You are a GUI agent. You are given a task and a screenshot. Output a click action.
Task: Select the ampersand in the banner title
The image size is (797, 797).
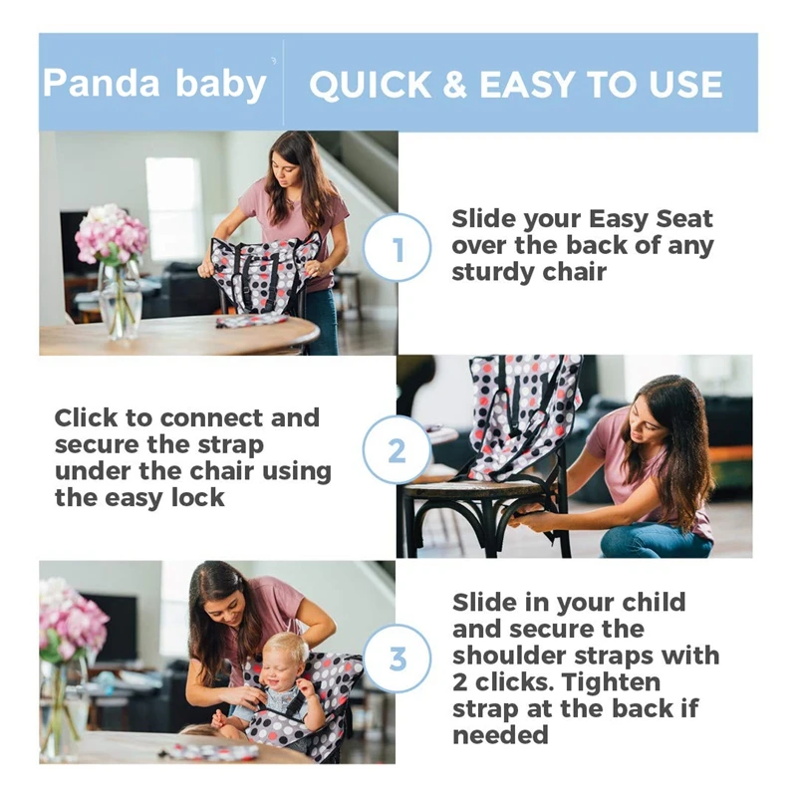tap(454, 86)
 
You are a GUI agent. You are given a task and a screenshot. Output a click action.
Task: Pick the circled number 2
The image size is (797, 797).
tap(397, 451)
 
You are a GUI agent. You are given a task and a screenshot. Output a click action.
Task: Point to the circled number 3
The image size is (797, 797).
tap(398, 660)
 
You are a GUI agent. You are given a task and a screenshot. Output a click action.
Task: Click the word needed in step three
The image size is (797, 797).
tap(500, 735)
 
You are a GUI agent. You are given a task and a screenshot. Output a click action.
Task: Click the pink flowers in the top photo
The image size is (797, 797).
tap(112, 235)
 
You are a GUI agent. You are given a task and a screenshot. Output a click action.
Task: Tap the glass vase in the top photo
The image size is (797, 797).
tap(120, 299)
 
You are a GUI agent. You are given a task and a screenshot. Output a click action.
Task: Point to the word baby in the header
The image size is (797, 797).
tap(221, 84)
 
